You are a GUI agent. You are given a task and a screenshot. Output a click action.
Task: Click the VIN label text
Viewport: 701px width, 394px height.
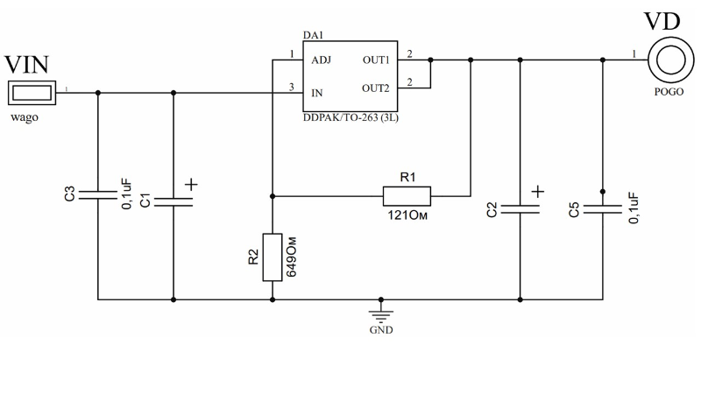coord(26,65)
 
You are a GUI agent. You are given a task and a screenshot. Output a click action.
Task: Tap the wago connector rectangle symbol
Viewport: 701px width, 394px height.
coord(32,91)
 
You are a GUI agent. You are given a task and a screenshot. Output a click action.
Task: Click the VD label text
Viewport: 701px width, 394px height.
coord(665,21)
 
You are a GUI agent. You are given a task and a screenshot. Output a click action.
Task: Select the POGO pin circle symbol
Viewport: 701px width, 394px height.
coord(668,60)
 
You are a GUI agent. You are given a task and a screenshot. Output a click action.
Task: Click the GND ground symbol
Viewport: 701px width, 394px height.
coord(380,315)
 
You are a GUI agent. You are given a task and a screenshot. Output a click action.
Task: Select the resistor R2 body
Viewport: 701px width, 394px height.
coord(273,257)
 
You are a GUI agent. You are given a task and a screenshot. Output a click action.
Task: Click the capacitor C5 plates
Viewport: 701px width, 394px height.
coord(603,208)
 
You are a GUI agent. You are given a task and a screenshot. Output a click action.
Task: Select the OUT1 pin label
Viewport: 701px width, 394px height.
coord(376,60)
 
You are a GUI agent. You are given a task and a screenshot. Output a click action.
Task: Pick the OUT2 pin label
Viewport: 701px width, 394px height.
coord(376,88)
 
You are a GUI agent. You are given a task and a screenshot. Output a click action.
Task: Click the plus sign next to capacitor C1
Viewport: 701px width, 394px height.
coord(191,185)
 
